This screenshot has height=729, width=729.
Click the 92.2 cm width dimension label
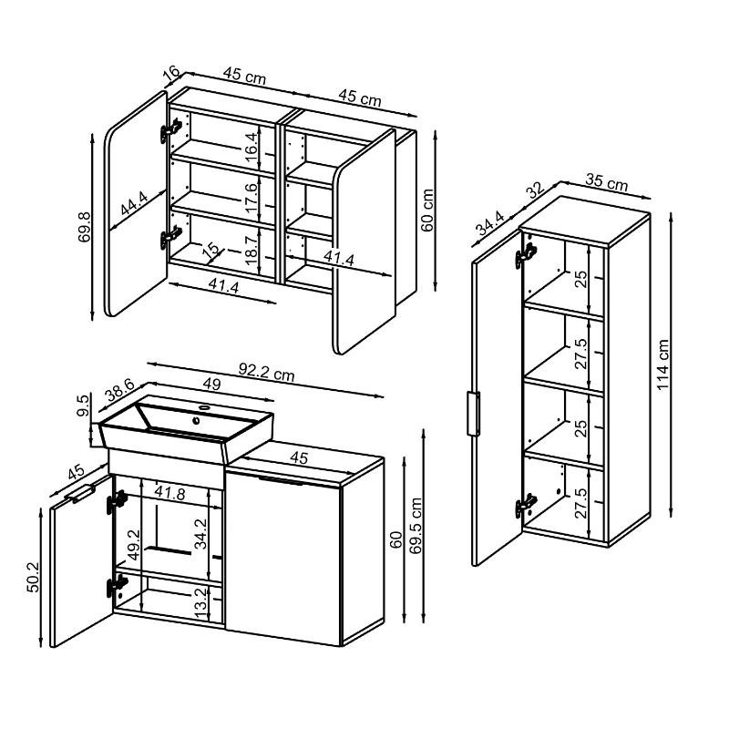pyautogui.click(x=266, y=372)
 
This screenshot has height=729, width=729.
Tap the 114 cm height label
pyautogui.click(x=662, y=364)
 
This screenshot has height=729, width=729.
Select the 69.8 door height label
pyautogui.click(x=85, y=226)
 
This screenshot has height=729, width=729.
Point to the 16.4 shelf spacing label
pyautogui.click(x=251, y=147)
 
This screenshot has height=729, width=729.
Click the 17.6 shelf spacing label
pyautogui.click(x=251, y=198)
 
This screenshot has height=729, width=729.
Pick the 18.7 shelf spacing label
pyautogui.click(x=251, y=250)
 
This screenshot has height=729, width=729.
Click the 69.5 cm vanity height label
pyautogui.click(x=416, y=526)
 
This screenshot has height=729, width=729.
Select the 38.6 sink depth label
pyautogui.click(x=119, y=390)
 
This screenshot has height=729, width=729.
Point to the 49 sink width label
pyautogui.click(x=211, y=384)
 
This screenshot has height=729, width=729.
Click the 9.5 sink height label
pyautogui.click(x=82, y=406)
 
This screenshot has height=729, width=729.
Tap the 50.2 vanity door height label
pyautogui.click(x=34, y=577)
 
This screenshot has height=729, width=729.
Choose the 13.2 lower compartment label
pyautogui.click(x=200, y=602)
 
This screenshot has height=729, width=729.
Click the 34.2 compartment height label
pyautogui.click(x=200, y=534)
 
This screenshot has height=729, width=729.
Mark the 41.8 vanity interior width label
pyautogui.click(x=169, y=493)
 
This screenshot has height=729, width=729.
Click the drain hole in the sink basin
pyautogui.click(x=197, y=421)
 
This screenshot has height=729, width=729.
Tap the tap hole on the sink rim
pyautogui.click(x=203, y=407)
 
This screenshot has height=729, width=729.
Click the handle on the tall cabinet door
pyautogui.click(x=473, y=414)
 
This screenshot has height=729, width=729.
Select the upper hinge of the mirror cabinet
pyautogui.click(x=170, y=130)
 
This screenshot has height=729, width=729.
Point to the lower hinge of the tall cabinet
pyautogui.click(x=526, y=506)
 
